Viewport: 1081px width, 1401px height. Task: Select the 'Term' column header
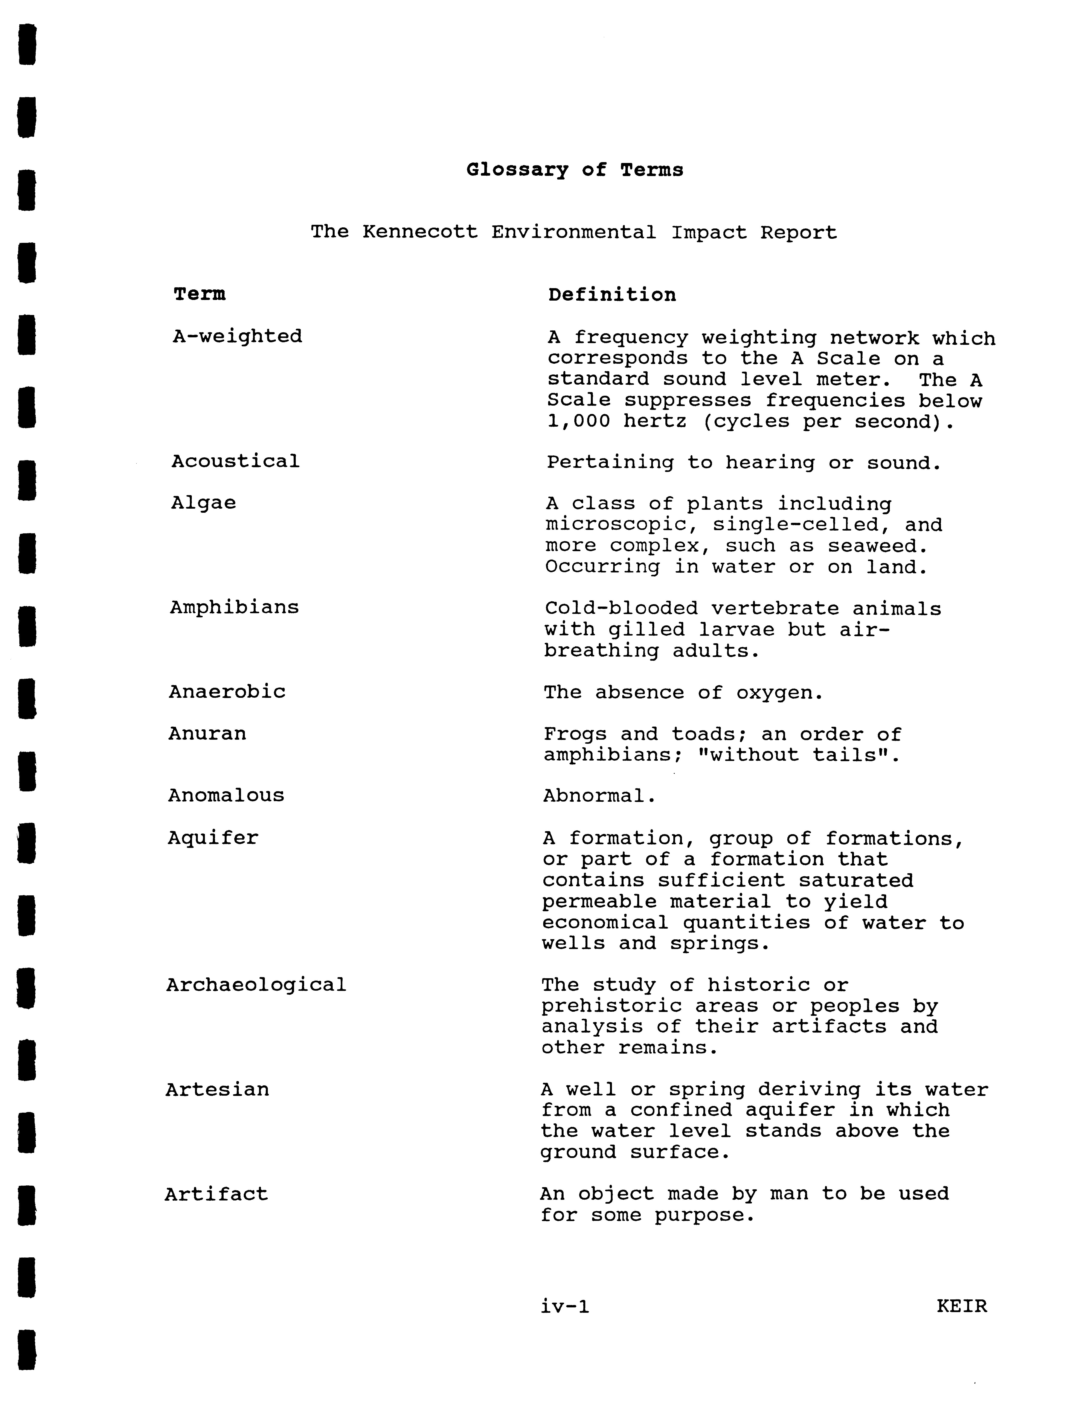(200, 294)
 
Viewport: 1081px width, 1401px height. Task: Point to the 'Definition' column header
(611, 295)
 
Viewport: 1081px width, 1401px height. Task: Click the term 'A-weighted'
(237, 336)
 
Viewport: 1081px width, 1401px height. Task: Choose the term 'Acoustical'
(235, 461)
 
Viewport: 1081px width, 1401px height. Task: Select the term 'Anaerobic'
(227, 692)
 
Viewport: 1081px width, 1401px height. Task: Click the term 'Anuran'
(207, 733)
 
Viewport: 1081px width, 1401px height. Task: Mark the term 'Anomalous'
(226, 796)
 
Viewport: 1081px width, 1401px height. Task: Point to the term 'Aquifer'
(213, 838)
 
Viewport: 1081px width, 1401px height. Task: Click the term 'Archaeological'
(256, 985)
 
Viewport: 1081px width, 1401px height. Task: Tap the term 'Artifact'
(216, 1194)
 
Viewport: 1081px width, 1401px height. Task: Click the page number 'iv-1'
(565, 1306)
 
